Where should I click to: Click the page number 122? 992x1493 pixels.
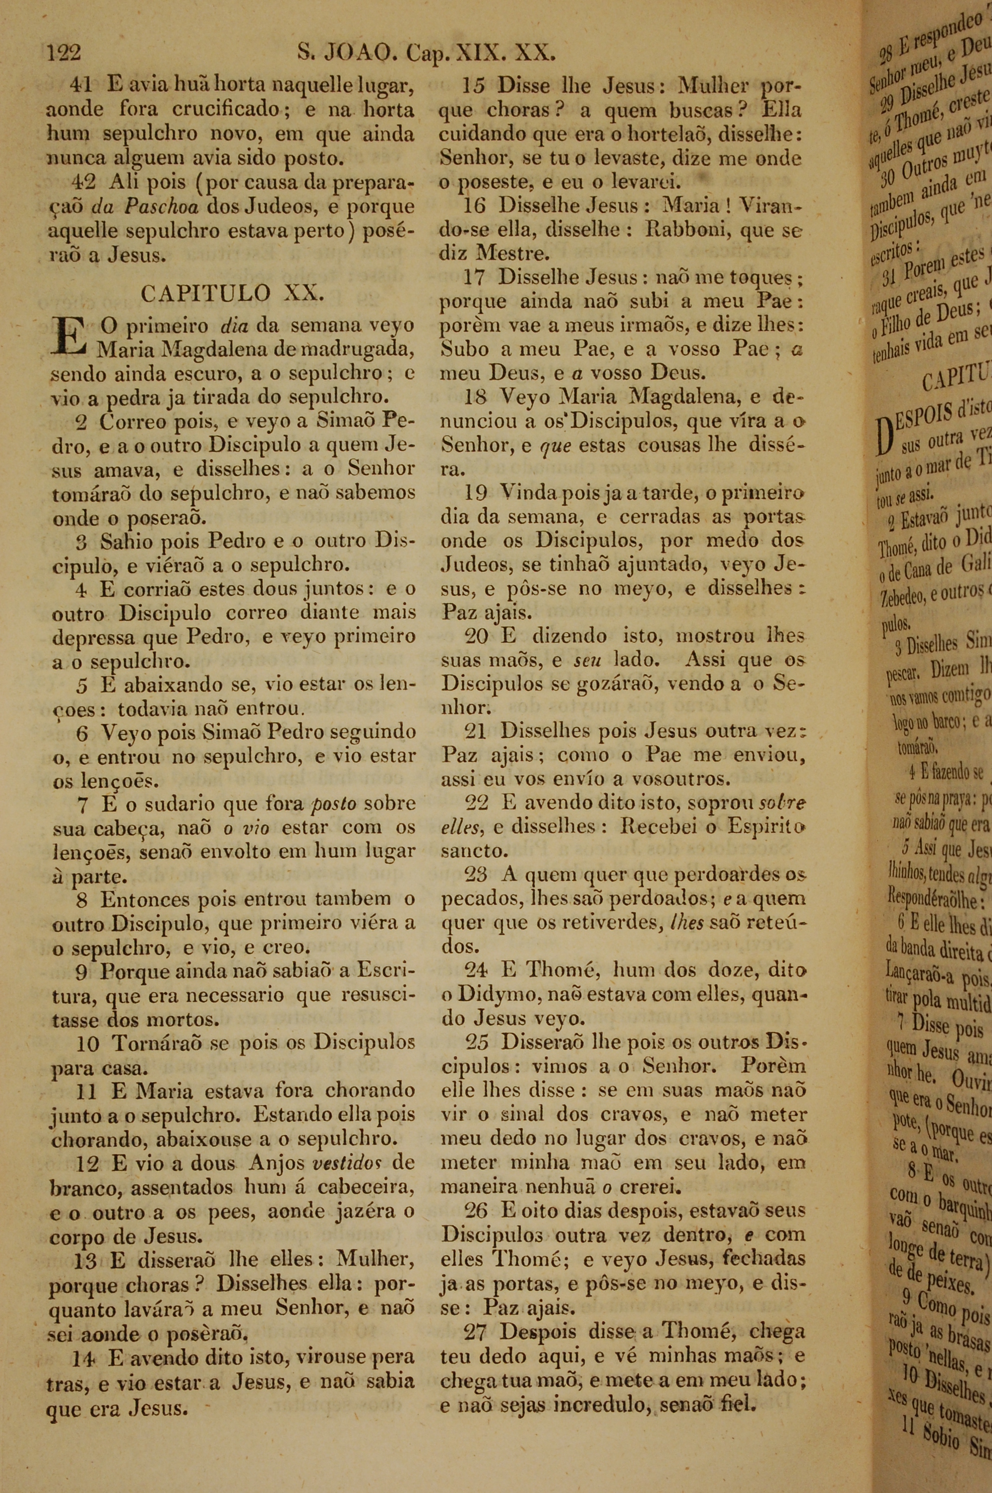pos(64,52)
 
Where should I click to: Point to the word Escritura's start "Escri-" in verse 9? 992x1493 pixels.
pos(385,970)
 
